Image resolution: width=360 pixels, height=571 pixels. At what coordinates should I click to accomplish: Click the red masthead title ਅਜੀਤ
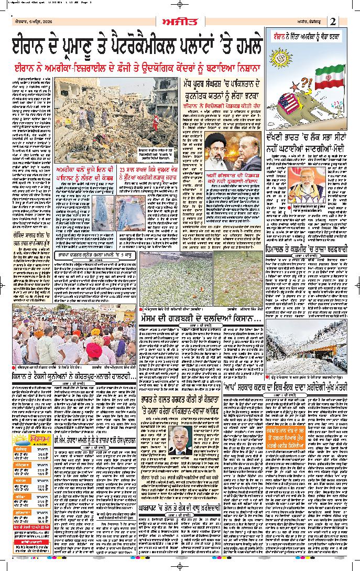click(180, 20)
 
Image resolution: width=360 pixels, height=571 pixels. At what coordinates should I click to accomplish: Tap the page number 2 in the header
click(334, 21)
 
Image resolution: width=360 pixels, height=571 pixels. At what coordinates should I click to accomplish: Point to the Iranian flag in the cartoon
click(329, 76)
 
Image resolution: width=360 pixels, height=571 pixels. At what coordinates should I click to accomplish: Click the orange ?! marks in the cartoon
click(307, 82)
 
